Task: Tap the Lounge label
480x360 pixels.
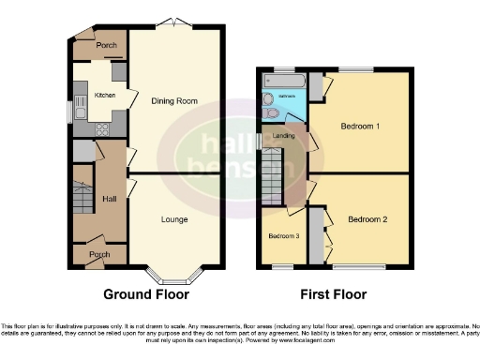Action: point(174,220)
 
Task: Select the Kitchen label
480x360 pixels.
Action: point(102,95)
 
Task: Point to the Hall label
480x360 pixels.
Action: point(109,199)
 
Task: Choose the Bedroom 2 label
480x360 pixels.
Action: point(367,220)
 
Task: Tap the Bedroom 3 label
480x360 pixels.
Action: point(284,235)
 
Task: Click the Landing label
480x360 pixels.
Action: point(285,137)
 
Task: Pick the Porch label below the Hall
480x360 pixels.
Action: point(98,254)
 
